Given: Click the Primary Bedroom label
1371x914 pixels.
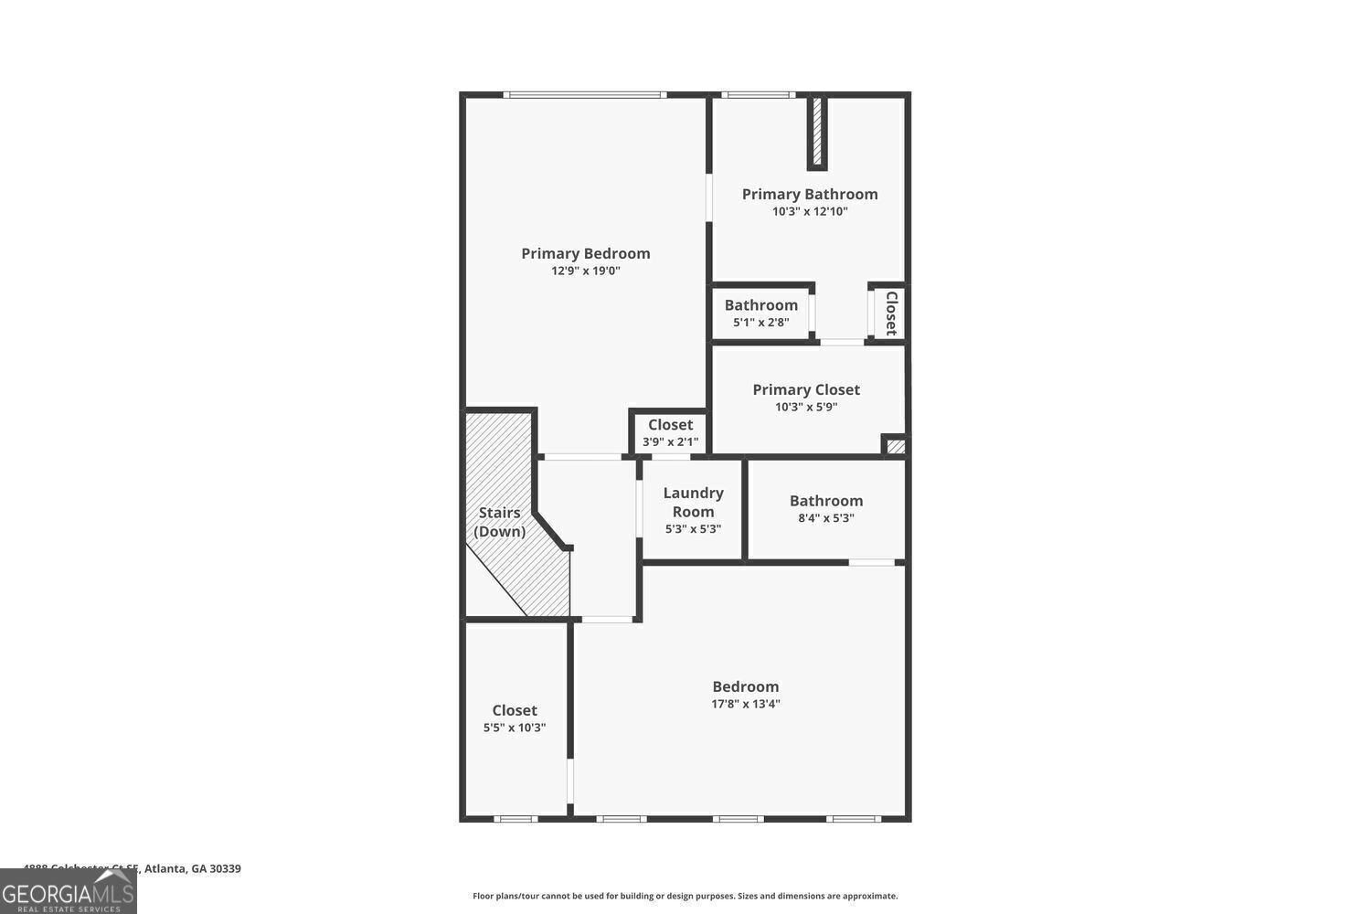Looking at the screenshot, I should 586,253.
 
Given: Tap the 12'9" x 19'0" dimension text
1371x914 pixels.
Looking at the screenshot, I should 586,271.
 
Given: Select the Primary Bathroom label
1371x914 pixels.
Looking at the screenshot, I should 810,194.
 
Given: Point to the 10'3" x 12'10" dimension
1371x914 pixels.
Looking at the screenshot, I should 810,211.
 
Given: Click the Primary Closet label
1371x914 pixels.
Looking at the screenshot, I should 806,389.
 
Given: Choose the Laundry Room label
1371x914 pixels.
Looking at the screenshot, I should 693,502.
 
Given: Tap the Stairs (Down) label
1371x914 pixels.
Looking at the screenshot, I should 499,522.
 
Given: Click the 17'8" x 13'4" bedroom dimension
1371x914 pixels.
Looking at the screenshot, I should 746,704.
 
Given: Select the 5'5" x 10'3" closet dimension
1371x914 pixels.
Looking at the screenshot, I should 515,728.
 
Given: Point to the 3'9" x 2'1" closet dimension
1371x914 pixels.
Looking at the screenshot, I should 670,442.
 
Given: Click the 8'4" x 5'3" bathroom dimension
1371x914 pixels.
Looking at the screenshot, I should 826,518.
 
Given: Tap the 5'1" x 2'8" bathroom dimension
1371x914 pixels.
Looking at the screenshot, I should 760,323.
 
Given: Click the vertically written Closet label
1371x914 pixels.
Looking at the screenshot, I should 891,314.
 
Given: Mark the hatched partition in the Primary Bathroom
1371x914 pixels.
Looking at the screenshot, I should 817,132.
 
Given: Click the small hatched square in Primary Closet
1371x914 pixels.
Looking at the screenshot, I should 896,446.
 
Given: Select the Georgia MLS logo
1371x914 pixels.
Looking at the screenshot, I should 68,891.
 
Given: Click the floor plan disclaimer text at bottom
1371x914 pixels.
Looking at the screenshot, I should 685,897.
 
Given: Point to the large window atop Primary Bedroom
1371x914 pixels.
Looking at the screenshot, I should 584,94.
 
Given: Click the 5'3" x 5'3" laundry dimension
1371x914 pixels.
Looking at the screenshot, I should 693,528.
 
